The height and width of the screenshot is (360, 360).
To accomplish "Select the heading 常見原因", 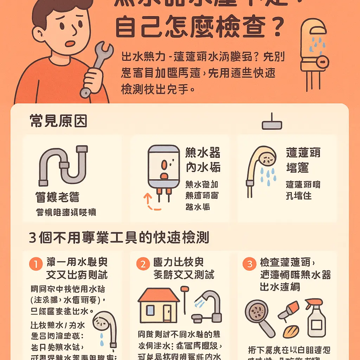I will point(58,121).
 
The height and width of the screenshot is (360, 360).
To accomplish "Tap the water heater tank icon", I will point(163,167).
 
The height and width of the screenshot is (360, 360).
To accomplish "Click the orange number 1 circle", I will point(35,264).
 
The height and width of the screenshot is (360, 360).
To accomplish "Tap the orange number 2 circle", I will point(143,264).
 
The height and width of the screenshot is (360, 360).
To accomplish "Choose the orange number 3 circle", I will point(250,264).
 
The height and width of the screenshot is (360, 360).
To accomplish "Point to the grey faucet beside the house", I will point(207,306).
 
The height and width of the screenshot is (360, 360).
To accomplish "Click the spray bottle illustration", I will point(316,318).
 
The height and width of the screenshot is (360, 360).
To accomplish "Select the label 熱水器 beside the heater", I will point(202,153).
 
